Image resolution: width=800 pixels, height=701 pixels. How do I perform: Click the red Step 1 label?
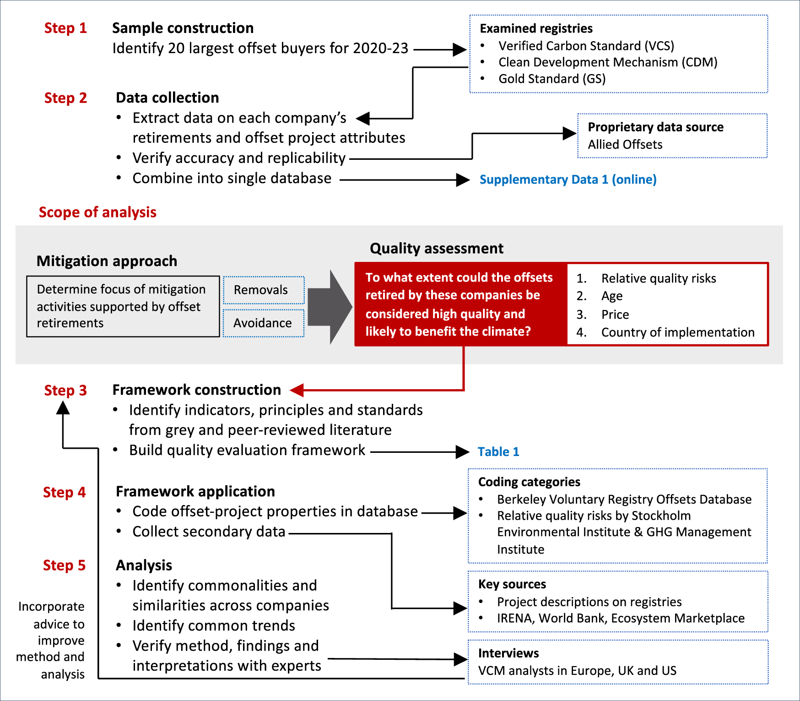click(x=65, y=28)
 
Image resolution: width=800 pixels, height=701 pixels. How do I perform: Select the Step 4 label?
click(x=64, y=492)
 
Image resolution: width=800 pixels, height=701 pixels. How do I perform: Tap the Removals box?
click(x=263, y=290)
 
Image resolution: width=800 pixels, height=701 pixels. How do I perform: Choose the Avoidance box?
click(x=263, y=323)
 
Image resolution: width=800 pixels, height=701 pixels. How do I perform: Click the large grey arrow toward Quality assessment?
click(x=330, y=307)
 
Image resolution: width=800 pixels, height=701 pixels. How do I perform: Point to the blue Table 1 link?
click(x=498, y=452)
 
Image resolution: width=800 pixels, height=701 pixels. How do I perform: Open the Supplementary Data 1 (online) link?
click(x=568, y=179)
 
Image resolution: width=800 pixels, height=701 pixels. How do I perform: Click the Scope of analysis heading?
click(x=97, y=212)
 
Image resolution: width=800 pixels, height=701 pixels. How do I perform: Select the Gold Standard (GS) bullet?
click(x=551, y=79)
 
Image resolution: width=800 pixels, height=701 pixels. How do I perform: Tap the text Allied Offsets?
click(x=625, y=145)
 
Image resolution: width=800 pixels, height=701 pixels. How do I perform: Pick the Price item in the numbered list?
click(x=615, y=315)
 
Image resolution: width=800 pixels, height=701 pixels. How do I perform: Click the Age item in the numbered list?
click(x=611, y=296)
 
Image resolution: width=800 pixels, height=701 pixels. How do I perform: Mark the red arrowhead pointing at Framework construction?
click(x=297, y=390)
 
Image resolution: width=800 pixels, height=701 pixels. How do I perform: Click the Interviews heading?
click(x=508, y=653)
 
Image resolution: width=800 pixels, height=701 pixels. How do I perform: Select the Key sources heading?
click(x=512, y=584)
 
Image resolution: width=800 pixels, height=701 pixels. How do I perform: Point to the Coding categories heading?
click(x=529, y=482)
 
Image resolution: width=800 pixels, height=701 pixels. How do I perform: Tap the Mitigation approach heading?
click(x=107, y=261)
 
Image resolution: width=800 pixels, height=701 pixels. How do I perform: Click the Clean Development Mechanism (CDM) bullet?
click(x=607, y=62)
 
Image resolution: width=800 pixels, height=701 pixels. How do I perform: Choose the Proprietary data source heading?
click(x=655, y=127)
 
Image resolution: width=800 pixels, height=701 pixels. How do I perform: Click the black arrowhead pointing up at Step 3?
click(x=63, y=408)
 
